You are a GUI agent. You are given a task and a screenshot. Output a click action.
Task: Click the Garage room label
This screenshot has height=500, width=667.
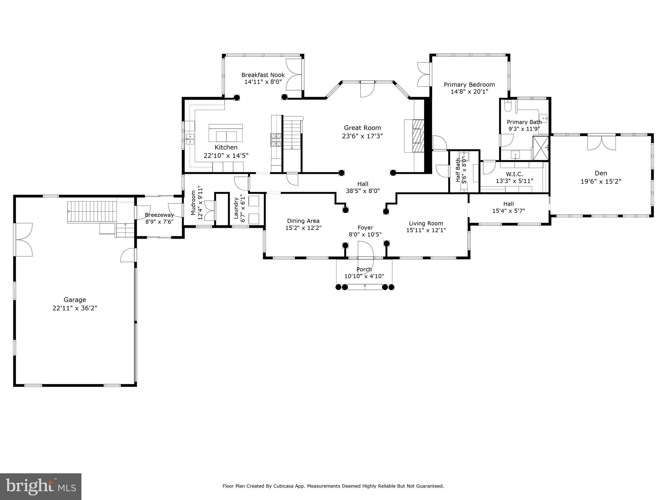pos(75,300)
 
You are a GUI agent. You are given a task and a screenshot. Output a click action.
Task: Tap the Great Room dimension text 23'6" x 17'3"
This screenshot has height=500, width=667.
pos(362,136)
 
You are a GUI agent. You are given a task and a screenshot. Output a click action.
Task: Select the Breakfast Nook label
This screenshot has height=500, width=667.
pos(263,75)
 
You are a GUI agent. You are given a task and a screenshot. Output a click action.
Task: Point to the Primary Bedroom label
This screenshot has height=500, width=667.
pos(469,85)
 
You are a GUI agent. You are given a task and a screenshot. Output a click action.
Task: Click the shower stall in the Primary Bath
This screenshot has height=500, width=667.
pos(541,148)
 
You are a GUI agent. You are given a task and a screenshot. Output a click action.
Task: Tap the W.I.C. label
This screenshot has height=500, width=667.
pos(514,174)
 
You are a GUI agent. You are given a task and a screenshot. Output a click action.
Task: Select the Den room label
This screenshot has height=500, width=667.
pos(601,173)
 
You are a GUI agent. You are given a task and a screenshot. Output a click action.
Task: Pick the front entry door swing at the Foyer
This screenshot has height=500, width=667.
pos(365,250)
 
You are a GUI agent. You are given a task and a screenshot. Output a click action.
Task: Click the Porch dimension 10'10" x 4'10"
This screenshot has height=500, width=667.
pos(364,276)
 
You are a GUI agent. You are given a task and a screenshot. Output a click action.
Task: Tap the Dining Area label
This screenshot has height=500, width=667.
pos(303,221)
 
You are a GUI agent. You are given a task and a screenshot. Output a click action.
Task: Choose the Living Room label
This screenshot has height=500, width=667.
pos(426,223)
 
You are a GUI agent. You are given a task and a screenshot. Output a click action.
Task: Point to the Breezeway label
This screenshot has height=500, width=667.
pos(159,215)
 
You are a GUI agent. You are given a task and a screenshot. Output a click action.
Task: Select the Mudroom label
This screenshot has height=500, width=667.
pos(193,203)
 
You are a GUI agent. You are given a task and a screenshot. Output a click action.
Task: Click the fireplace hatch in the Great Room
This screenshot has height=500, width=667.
pos(418,136)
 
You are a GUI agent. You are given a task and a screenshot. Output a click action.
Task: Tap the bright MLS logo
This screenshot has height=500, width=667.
pos(40,487)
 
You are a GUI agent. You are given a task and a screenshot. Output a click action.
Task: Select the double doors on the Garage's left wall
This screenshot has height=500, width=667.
pos(23,240)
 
